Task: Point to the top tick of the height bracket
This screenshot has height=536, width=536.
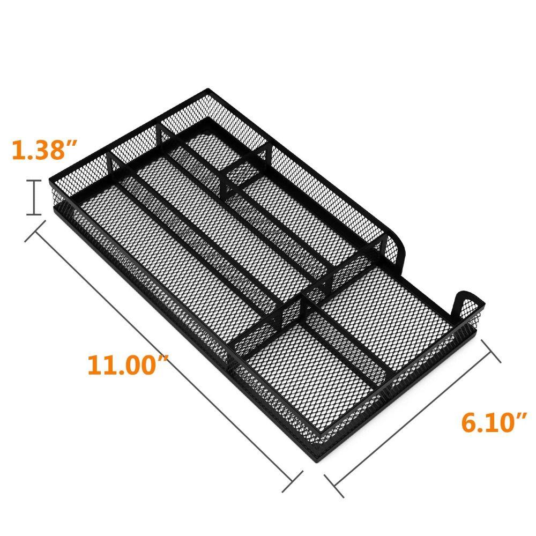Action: (x=35, y=181)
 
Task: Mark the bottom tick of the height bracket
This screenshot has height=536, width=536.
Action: (x=35, y=214)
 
